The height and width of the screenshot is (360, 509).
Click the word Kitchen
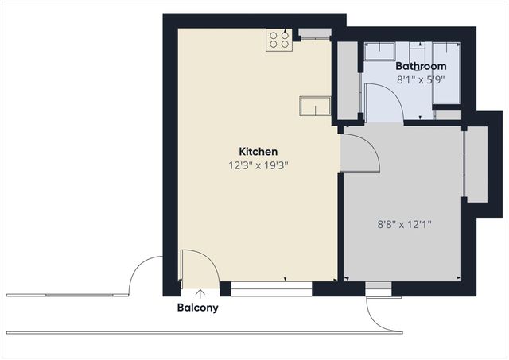(x=258, y=151)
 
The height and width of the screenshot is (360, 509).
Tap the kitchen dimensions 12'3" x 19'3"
(x=257, y=166)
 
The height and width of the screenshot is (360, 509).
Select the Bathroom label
(x=421, y=66)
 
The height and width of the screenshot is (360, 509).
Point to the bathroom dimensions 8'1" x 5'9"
(x=420, y=79)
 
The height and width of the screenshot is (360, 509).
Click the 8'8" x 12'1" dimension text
(x=405, y=225)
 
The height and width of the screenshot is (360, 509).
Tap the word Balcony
(x=198, y=308)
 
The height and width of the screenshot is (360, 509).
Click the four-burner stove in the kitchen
(x=278, y=40)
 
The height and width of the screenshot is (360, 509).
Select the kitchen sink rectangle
(x=315, y=106)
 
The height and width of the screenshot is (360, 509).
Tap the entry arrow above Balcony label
(x=198, y=293)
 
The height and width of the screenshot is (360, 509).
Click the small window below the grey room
(x=379, y=289)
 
